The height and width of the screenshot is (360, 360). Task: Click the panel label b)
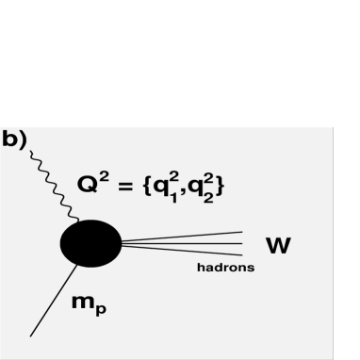[x=14, y=139]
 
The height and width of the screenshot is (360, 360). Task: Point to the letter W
[x=277, y=246]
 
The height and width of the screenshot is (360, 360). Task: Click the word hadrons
[x=225, y=268]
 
